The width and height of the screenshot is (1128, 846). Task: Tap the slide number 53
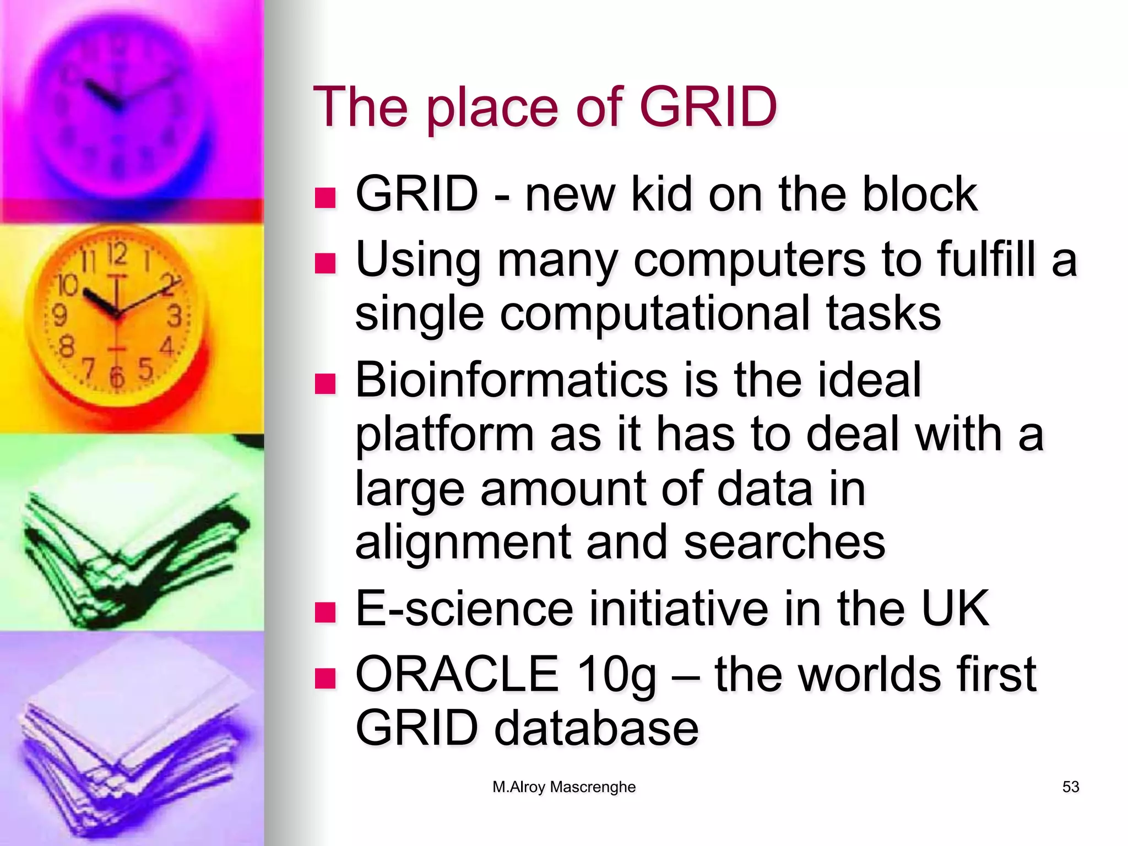click(x=1070, y=787)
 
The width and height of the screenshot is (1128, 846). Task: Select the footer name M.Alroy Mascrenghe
click(x=563, y=787)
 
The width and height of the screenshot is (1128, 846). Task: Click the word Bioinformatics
click(x=509, y=380)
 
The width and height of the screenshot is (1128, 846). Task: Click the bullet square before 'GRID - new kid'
click(x=325, y=198)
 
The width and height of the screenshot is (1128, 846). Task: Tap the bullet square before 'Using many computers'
click(x=325, y=263)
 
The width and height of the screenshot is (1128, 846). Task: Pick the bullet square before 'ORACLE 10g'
click(x=325, y=678)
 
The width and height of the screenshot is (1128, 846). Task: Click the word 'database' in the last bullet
click(x=596, y=728)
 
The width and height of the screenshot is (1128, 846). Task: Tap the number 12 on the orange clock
click(x=117, y=254)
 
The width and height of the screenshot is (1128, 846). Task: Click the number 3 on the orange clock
click(x=174, y=317)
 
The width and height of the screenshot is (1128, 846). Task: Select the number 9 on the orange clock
click(x=59, y=316)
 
